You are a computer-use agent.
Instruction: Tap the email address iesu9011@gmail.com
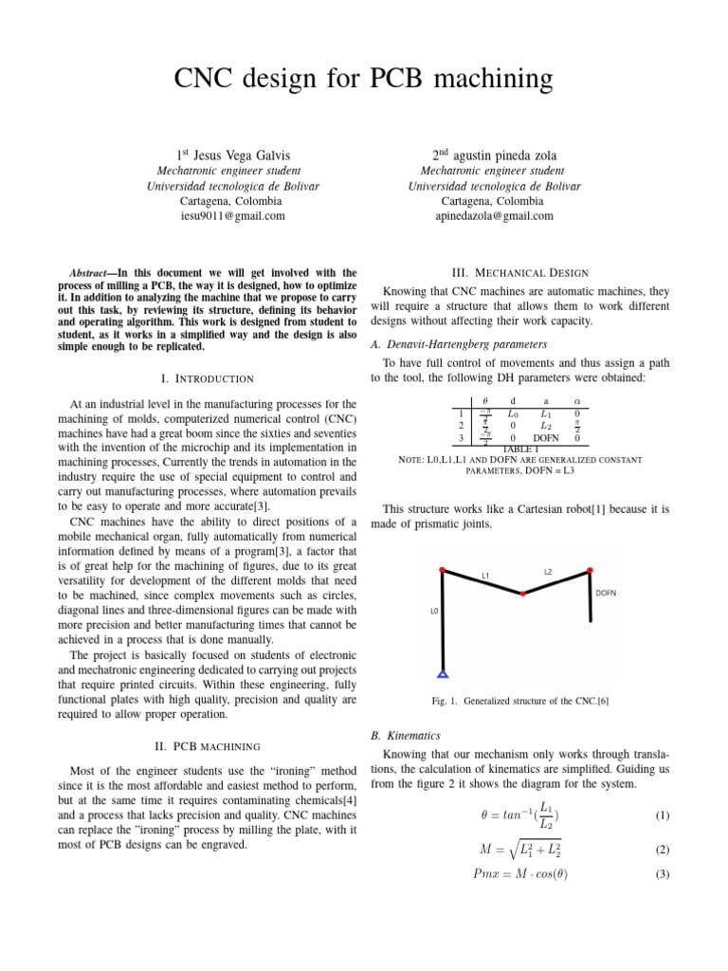click(232, 216)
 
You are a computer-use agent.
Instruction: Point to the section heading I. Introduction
click(207, 378)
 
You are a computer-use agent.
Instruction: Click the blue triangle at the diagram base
click(443, 675)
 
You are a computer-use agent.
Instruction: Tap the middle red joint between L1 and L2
click(522, 594)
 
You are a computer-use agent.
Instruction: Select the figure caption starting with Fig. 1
click(519, 702)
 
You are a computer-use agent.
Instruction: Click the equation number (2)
click(663, 850)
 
